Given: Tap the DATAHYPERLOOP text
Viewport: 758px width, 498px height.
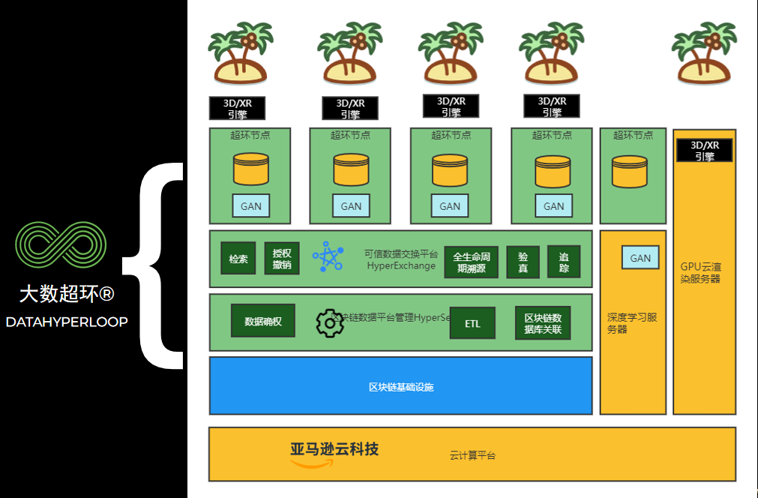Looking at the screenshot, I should (x=67, y=322).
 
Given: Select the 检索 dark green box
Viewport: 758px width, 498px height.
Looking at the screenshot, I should (x=238, y=259).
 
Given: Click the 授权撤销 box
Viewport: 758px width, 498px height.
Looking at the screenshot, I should (x=282, y=259).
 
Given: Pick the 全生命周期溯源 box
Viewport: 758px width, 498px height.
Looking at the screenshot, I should (x=471, y=262).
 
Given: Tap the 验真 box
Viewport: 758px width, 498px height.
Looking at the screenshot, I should (x=523, y=262).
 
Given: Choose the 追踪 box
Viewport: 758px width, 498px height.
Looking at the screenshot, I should (x=563, y=262).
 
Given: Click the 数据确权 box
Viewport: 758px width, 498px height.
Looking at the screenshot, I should (x=262, y=321).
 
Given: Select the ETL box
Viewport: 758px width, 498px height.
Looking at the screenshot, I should (x=472, y=323).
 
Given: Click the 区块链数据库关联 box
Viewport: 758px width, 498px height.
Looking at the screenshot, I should (x=543, y=323).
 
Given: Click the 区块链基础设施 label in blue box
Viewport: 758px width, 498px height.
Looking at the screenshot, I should (x=401, y=387).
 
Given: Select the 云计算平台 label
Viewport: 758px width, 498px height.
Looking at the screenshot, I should (x=472, y=455).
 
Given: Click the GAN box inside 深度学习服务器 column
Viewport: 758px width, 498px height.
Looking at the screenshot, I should (x=640, y=258).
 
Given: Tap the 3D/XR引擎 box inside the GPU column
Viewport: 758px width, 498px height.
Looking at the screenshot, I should (x=704, y=151).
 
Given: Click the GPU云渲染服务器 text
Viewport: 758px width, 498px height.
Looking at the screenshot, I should (x=701, y=272).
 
